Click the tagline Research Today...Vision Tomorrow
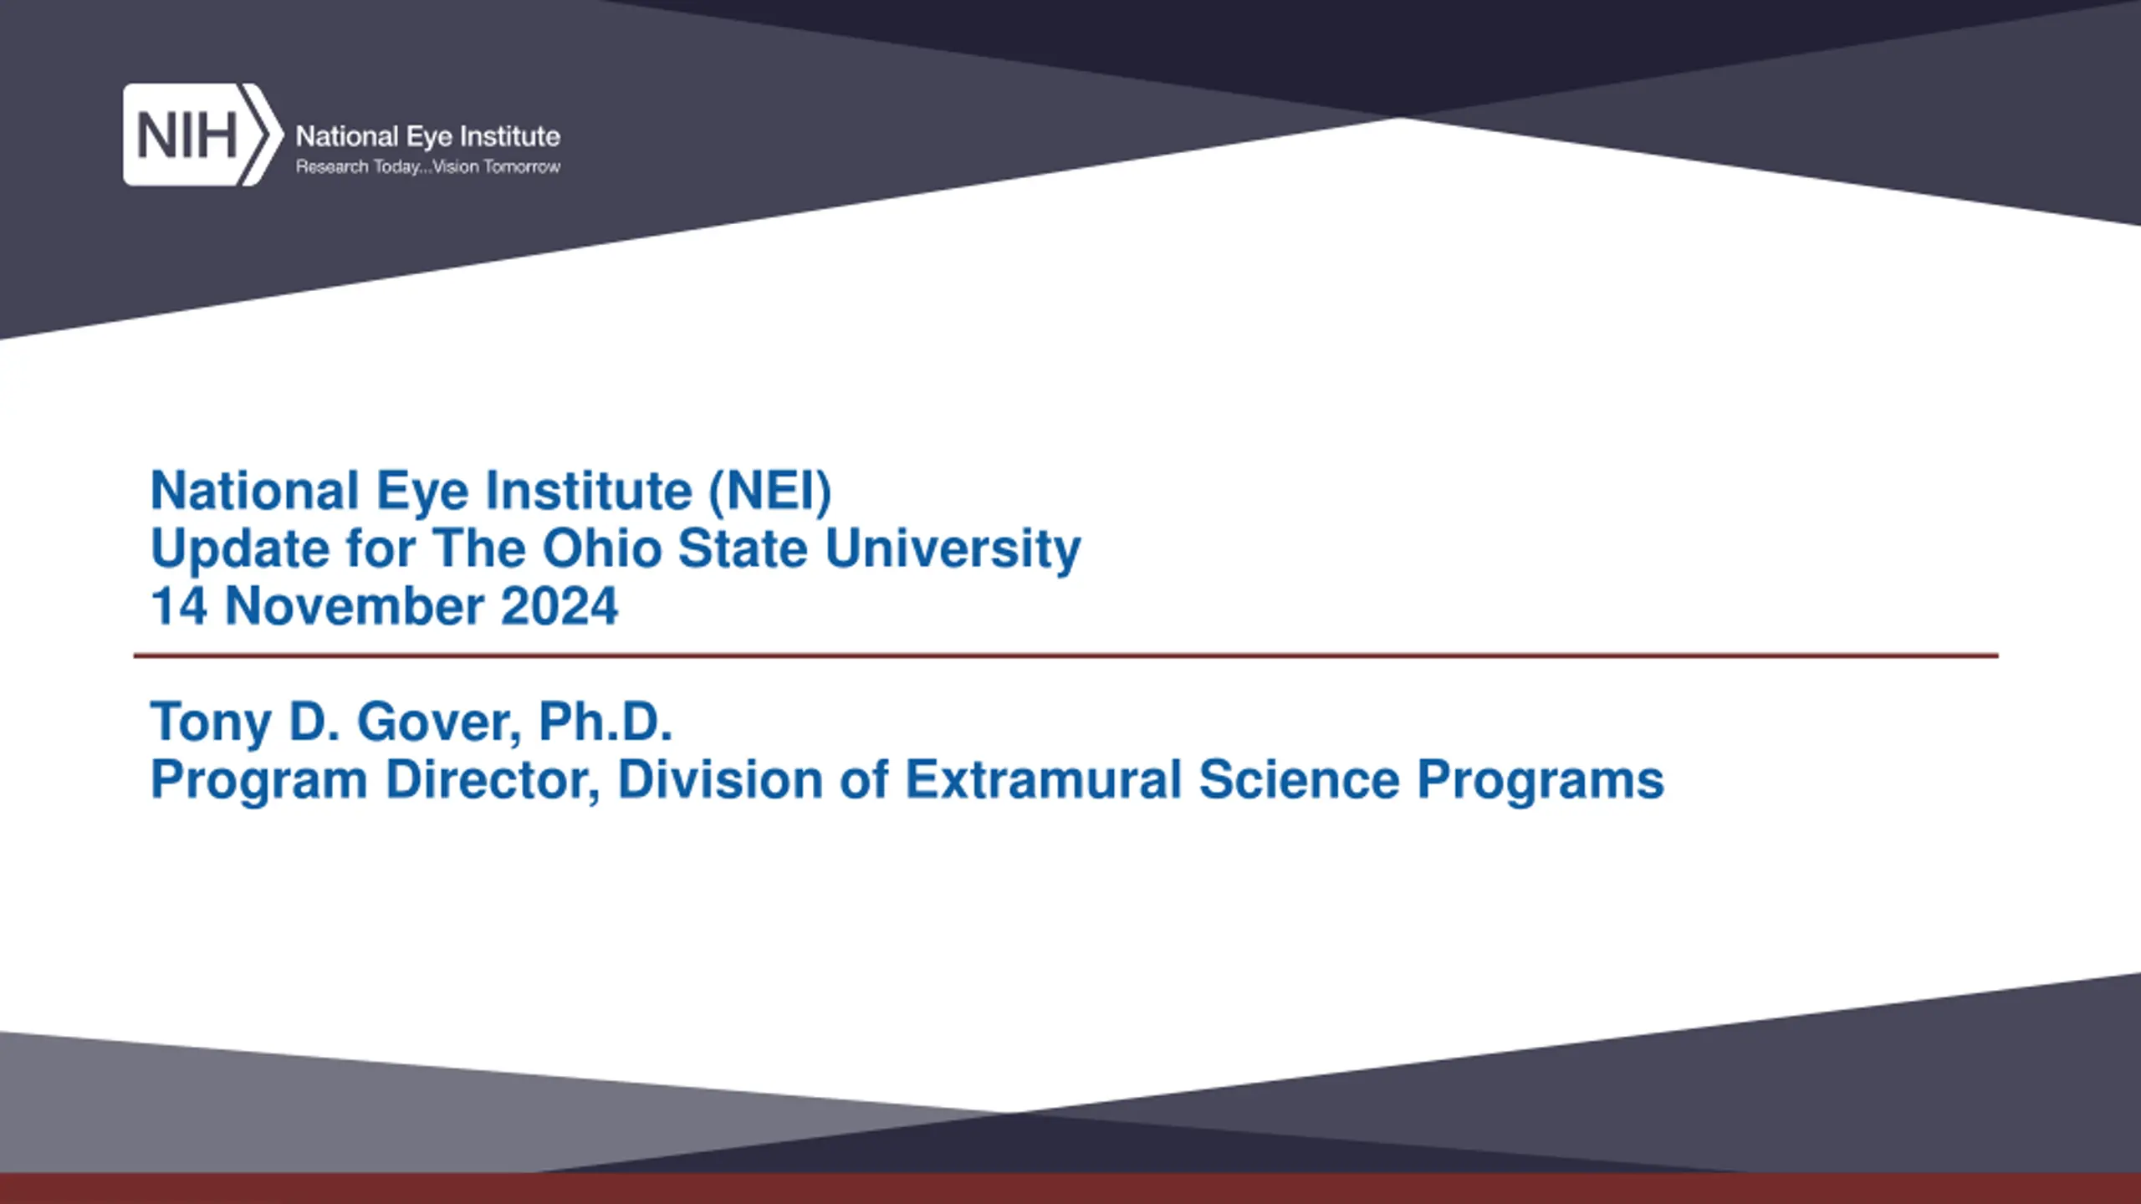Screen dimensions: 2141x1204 [x=428, y=167]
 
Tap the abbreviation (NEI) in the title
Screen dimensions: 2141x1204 [x=770, y=491]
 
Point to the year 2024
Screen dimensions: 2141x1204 [x=560, y=606]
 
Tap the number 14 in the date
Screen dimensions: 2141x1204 [x=179, y=606]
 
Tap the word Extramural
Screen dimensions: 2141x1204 [x=1044, y=779]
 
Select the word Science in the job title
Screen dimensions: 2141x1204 [x=1300, y=779]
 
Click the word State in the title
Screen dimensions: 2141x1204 [x=743, y=548]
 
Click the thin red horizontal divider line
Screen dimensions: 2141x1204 [x=1065, y=656]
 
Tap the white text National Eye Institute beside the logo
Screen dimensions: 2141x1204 [x=428, y=136]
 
